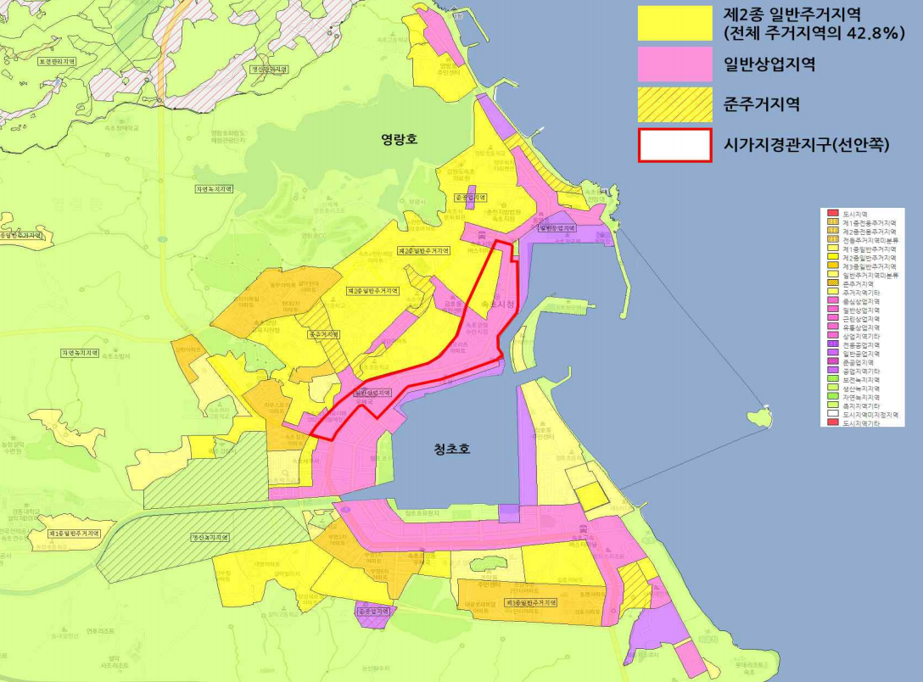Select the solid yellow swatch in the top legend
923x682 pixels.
coord(674,22)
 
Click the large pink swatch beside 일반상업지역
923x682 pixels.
coord(674,64)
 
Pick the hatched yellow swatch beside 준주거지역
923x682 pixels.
coord(674,104)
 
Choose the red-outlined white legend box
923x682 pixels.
coord(674,145)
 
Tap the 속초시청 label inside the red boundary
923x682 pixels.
coord(497,304)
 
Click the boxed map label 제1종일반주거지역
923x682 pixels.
coord(75,533)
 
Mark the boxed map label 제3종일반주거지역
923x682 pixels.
coord(529,602)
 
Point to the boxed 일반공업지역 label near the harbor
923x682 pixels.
coord(557,228)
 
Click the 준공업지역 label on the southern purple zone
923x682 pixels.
coord(374,611)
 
